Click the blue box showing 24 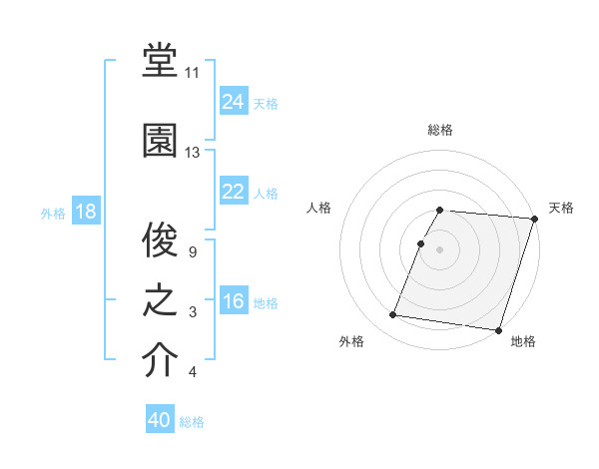233,102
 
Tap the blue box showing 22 233,192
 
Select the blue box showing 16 233,301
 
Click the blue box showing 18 85,212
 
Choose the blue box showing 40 160,420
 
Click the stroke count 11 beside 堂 193,73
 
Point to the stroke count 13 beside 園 193,153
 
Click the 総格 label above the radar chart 440,130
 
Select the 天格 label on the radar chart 561,208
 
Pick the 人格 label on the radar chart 319,208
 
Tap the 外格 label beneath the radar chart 351,341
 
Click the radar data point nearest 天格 535,219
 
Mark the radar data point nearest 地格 498,329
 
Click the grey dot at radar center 439,249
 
